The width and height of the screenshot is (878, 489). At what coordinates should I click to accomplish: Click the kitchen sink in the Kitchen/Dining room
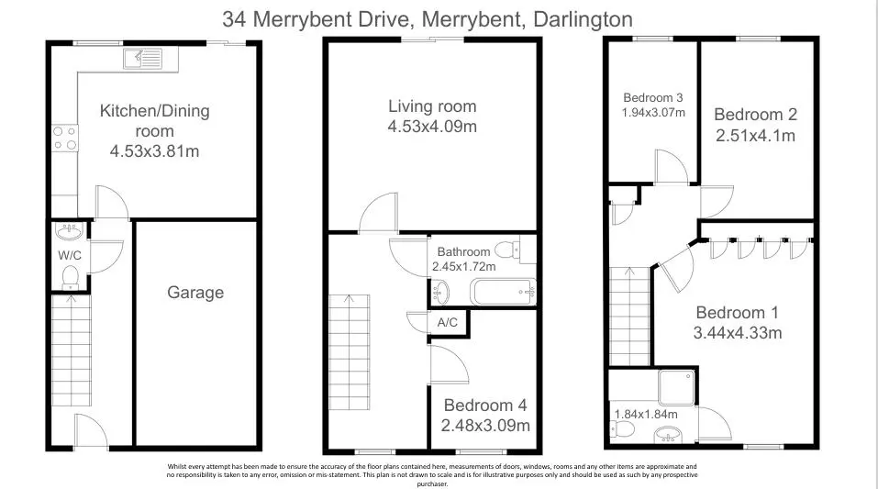click(x=143, y=58)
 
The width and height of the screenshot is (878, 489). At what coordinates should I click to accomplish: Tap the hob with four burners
click(x=65, y=139)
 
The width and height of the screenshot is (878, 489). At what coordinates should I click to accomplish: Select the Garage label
click(x=195, y=293)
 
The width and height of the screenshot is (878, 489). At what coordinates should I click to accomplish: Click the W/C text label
click(x=70, y=255)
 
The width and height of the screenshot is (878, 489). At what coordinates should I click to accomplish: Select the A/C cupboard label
click(x=448, y=323)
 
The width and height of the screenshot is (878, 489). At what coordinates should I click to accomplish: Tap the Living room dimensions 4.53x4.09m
click(x=432, y=127)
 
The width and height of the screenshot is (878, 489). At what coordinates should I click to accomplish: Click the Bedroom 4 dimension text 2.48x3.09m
click(x=485, y=426)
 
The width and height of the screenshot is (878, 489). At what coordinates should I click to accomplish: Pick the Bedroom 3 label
click(x=653, y=97)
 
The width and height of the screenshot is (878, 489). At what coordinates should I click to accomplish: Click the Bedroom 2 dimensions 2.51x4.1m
click(x=755, y=136)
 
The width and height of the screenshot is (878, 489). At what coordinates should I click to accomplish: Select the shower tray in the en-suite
click(x=676, y=387)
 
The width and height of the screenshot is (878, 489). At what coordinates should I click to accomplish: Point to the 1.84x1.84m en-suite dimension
click(x=646, y=415)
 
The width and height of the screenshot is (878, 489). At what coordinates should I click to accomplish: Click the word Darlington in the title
click(x=583, y=19)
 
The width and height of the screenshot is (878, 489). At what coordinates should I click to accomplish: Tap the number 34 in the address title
click(x=234, y=19)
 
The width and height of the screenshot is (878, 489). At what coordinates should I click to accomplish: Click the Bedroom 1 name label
click(x=738, y=312)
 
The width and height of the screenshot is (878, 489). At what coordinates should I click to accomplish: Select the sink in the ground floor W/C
click(x=70, y=230)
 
